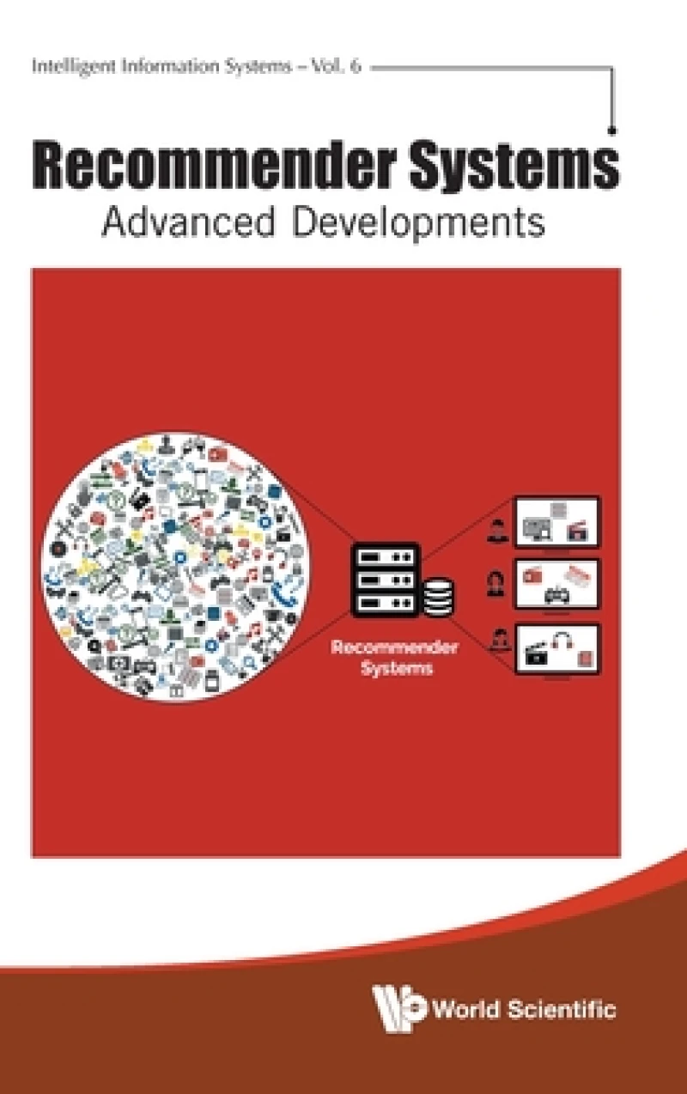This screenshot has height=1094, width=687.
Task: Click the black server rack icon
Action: tap(385, 580)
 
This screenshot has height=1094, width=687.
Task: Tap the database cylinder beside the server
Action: tap(439, 596)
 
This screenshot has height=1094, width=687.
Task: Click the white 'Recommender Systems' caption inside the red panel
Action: tap(395, 657)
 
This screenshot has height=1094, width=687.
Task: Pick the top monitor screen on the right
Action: tap(556, 522)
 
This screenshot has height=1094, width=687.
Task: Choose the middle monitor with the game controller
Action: tap(556, 584)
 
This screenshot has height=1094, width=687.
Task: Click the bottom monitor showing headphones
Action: tap(556, 649)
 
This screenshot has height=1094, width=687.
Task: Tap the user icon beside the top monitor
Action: tap(497, 530)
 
